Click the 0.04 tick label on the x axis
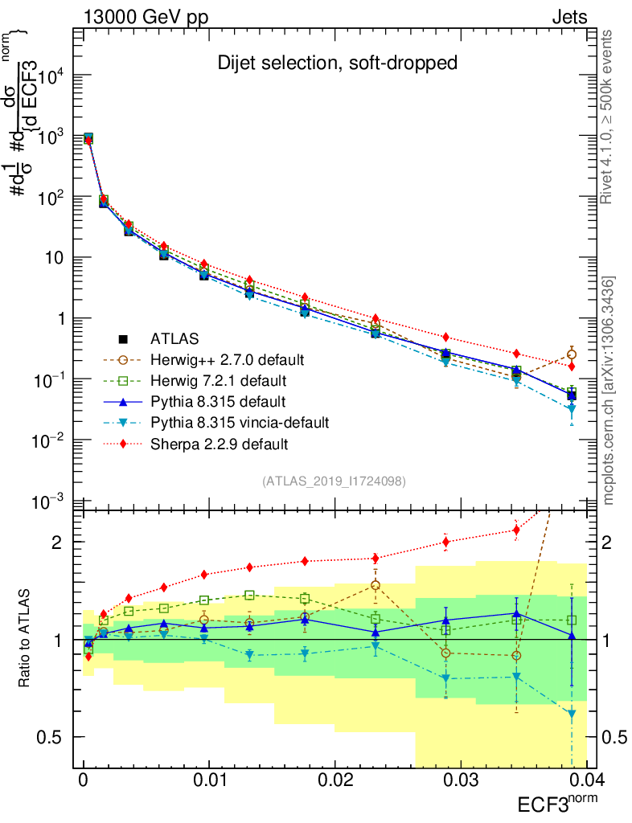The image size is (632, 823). click(585, 782)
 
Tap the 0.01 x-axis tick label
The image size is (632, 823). click(209, 782)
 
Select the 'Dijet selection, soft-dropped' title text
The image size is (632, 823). click(338, 63)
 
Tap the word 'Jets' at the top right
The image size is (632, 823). click(569, 17)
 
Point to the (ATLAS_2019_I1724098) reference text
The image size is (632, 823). click(334, 481)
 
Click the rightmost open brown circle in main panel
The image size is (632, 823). click(571, 354)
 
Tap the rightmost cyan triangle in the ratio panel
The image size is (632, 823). click(571, 714)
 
